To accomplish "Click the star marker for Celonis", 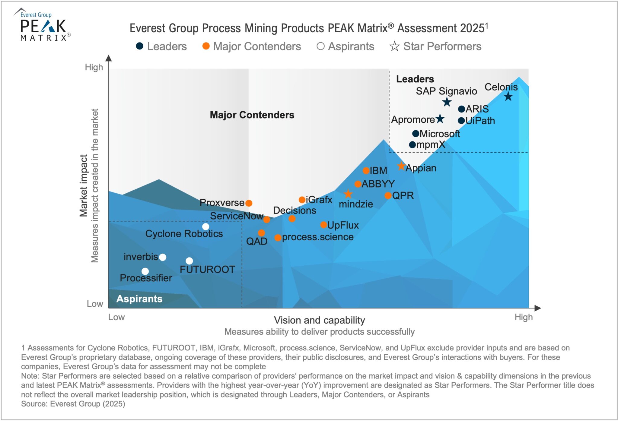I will tap(508, 97).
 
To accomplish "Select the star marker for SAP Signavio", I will tap(447, 102).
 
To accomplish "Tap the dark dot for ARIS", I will tap(461, 109).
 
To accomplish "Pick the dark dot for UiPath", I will tap(461, 121).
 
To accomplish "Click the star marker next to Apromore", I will tap(440, 119).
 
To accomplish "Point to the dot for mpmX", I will tap(413, 145).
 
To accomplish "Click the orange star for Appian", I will tap(401, 166).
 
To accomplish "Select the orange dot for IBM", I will tap(366, 171).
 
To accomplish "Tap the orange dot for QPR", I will tap(388, 196).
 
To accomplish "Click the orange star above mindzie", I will tap(348, 194).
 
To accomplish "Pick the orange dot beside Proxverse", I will tap(249, 203).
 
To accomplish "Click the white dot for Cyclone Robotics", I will tap(205, 226).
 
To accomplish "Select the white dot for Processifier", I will tap(145, 271).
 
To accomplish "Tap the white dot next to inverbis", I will tap(163, 257).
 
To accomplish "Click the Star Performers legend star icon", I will tap(394, 46).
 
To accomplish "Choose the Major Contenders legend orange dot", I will tap(206, 46).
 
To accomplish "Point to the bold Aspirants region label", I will tap(139, 299).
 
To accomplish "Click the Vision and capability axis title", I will tap(319, 320).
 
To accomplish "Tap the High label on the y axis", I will tap(94, 67).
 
